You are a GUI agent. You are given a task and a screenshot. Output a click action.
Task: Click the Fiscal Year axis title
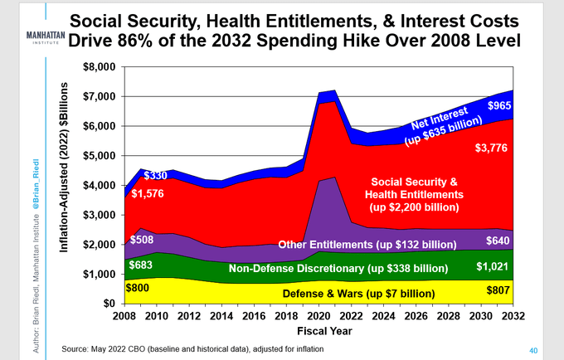[x=318, y=332]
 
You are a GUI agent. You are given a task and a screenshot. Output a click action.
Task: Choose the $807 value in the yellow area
[x=498, y=291]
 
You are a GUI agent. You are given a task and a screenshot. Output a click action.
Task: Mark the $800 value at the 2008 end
[x=138, y=287]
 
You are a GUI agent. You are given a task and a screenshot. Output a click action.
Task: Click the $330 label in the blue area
[x=155, y=175]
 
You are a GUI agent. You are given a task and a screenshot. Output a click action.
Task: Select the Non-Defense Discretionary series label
[x=335, y=269]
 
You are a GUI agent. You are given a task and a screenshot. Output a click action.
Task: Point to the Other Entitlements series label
[x=367, y=245]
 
